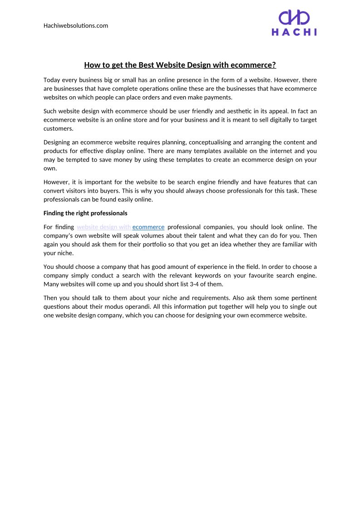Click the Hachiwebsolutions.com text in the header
pos(76,25)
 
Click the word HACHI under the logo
pos(294,32)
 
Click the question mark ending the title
pos(274,65)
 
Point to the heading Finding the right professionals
pos(85,213)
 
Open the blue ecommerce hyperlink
pos(148,227)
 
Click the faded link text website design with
pos(104,227)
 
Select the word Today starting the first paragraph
pos(52,80)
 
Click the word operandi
pos(138,307)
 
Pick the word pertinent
pos(304,298)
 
